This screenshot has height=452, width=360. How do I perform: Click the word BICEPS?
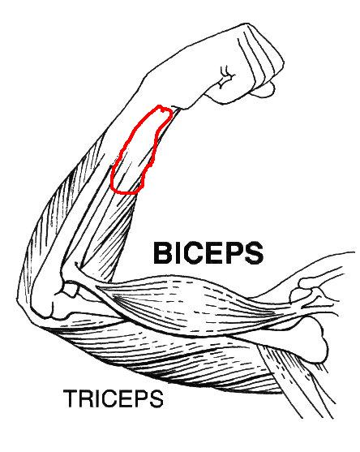(208, 253)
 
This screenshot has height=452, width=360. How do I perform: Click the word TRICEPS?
(114, 398)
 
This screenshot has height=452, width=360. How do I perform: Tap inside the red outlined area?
(138, 150)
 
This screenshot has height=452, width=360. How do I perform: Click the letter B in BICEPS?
(162, 253)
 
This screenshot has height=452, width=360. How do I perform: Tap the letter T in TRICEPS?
(71, 398)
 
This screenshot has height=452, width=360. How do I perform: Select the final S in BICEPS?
(254, 253)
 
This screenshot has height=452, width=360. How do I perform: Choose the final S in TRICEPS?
(156, 398)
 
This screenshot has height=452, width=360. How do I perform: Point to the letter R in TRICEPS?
(86, 398)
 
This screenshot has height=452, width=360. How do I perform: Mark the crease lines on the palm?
(227, 77)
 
